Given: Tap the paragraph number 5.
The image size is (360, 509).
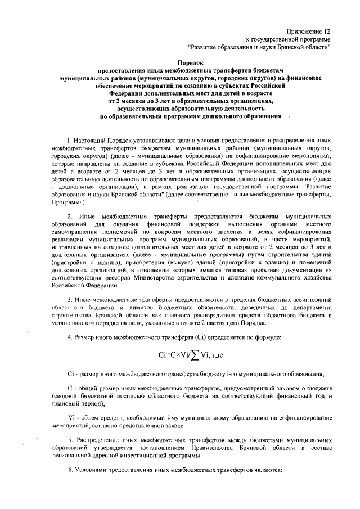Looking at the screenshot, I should pyautogui.click(x=69, y=439).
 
